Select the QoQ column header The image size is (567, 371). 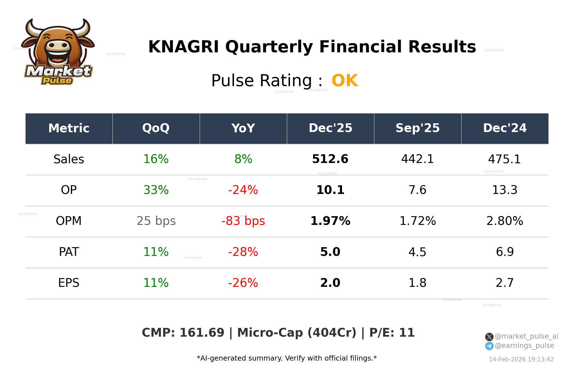click(156, 128)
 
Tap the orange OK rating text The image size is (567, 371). click(345, 81)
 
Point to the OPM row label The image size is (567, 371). click(69, 221)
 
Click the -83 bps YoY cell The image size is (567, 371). click(243, 221)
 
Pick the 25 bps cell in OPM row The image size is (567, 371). click(156, 221)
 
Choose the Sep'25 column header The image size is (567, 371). click(417, 128)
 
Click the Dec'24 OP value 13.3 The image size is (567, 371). click(505, 190)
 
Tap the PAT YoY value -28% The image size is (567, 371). click(243, 252)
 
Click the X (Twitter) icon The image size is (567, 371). click(489, 337)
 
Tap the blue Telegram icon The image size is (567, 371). click(489, 346)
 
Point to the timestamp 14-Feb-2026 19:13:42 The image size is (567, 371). click(521, 359)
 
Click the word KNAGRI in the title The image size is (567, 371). click(183, 47)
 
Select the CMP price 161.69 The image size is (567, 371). click(202, 333)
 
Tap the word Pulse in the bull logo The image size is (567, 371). click(57, 81)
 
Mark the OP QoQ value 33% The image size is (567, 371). click(156, 190)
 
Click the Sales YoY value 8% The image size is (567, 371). click(243, 159)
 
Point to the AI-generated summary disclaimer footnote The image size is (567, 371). click(287, 358)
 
